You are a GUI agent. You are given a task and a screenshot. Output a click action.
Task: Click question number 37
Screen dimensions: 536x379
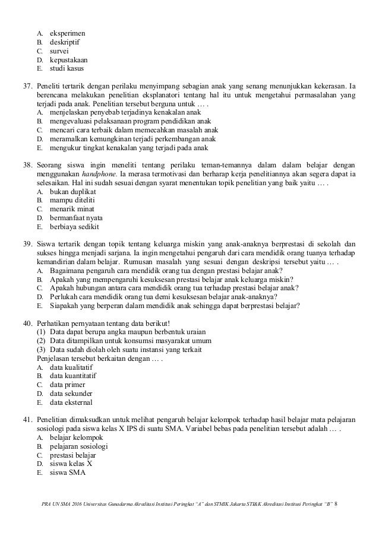pos(27,85)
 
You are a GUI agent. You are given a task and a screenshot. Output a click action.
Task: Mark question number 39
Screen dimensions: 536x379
pos(27,244)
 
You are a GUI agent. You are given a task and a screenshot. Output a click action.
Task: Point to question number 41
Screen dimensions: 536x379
pos(27,421)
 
